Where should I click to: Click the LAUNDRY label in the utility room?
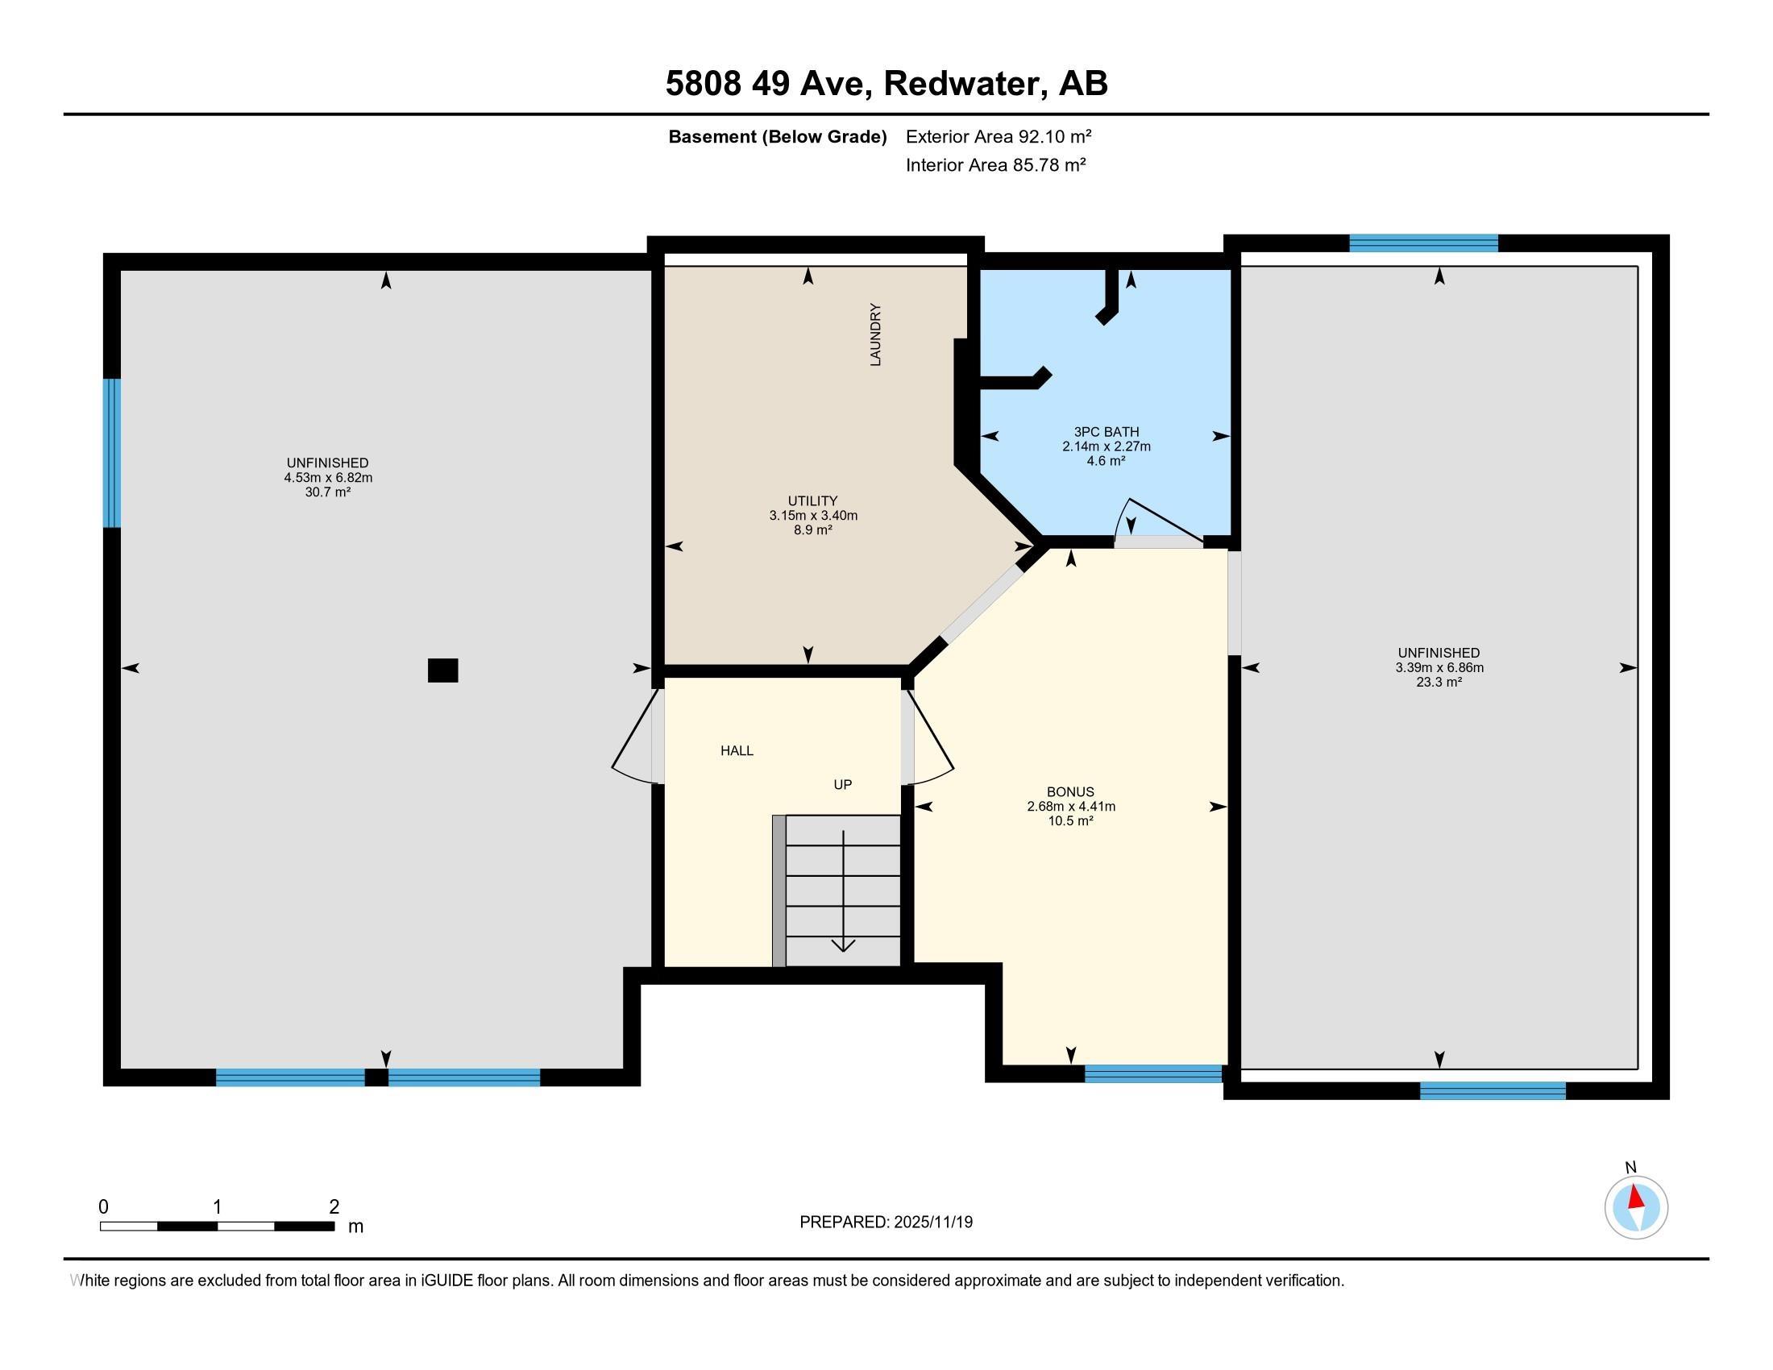pyautogui.click(x=875, y=334)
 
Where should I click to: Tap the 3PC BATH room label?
pyautogui.click(x=1107, y=432)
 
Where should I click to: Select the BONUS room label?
pyautogui.click(x=1070, y=791)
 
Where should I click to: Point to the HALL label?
pyautogui.click(x=737, y=751)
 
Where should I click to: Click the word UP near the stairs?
pyautogui.click(x=843, y=784)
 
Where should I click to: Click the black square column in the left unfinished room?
pyautogui.click(x=442, y=670)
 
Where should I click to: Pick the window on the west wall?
pyautogui.click(x=112, y=453)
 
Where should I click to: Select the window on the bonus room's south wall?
pyautogui.click(x=1153, y=1073)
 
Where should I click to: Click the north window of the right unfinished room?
pyautogui.click(x=1424, y=243)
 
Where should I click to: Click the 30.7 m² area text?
pyautogui.click(x=328, y=492)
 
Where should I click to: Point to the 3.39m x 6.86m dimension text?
pyautogui.click(x=1439, y=667)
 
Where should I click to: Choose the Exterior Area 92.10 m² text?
pyautogui.click(x=999, y=136)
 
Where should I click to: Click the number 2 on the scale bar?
pyautogui.click(x=334, y=1206)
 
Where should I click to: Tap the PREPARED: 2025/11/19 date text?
pyautogui.click(x=886, y=1222)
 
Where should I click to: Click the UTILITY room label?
pyautogui.click(x=812, y=500)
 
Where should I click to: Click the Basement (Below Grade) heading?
pyautogui.click(x=777, y=136)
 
